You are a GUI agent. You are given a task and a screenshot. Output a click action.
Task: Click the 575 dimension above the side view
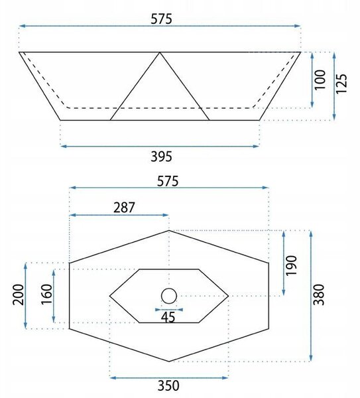(x=161, y=19)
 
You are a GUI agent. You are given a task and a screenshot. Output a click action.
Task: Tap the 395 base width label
(x=161, y=157)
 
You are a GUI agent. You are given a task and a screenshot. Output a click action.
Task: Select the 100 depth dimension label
(x=320, y=80)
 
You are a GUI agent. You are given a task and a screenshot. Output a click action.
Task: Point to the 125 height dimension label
(x=341, y=84)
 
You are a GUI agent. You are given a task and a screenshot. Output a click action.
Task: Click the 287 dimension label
(x=124, y=208)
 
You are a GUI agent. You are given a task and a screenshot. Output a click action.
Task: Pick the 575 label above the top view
(x=168, y=181)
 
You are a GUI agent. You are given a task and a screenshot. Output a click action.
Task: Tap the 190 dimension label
(x=291, y=265)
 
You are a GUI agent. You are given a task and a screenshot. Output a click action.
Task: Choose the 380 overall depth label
(x=319, y=295)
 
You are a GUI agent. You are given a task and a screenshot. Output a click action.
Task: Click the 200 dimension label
(x=19, y=295)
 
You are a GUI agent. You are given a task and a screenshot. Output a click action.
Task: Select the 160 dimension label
(x=46, y=295)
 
